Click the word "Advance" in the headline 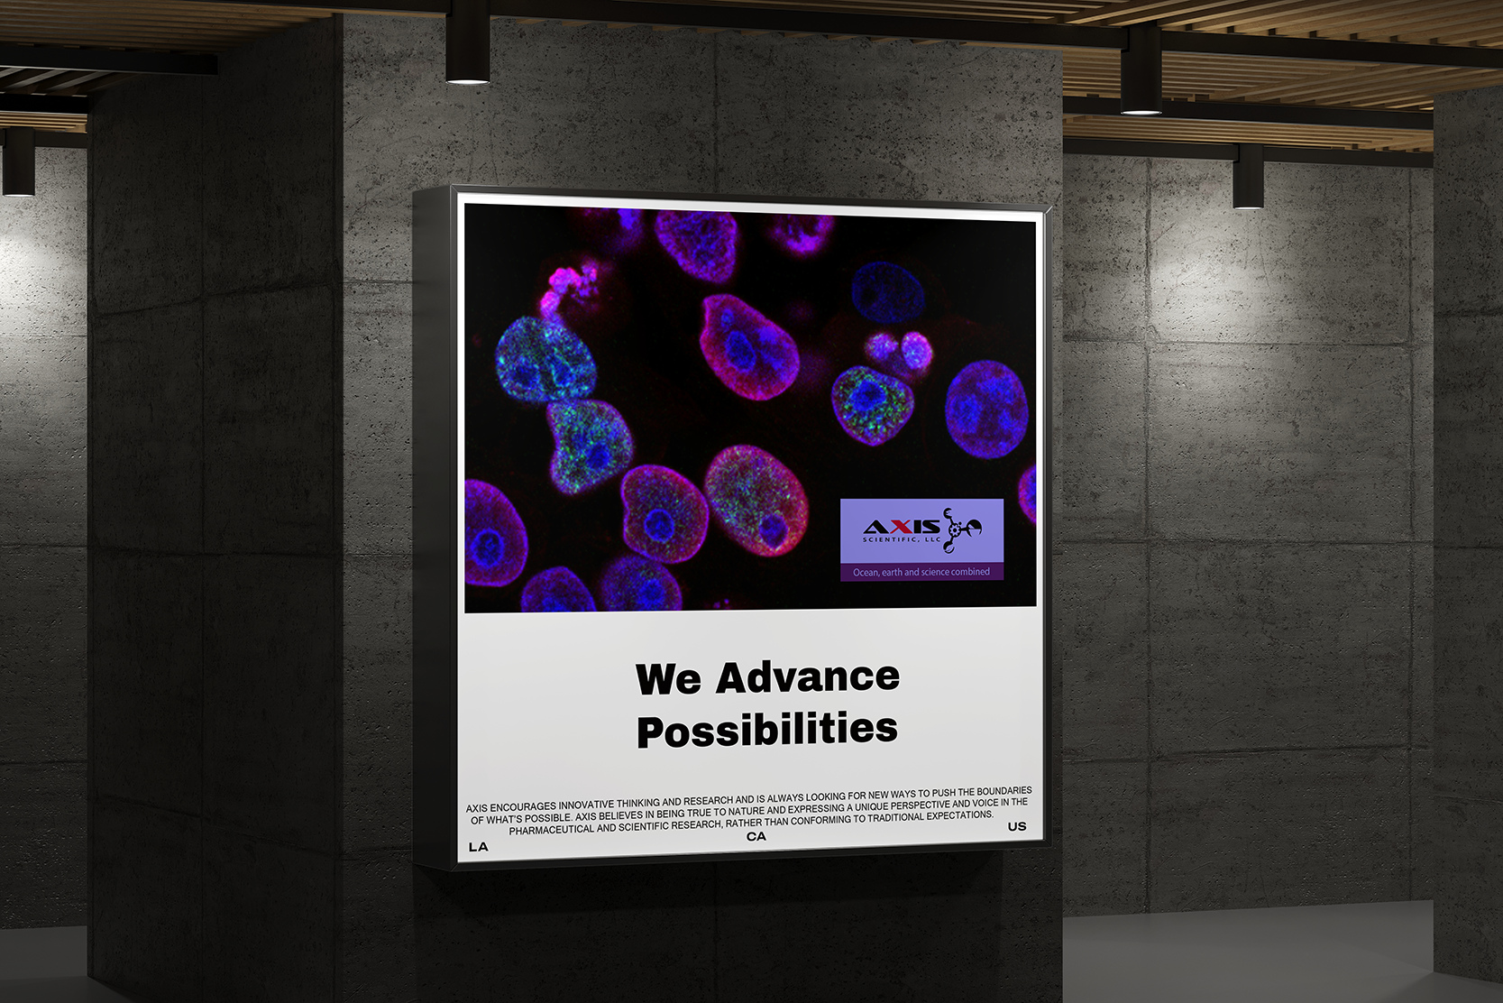point(808,677)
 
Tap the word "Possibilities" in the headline point(767,729)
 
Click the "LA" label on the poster point(479,847)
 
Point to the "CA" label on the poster point(756,836)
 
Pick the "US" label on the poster point(1016,826)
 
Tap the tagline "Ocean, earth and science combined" point(921,572)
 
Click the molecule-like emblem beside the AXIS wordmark point(960,530)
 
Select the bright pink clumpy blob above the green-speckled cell point(571,288)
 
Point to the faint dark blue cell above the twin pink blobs point(888,293)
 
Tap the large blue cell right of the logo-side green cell point(986,409)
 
